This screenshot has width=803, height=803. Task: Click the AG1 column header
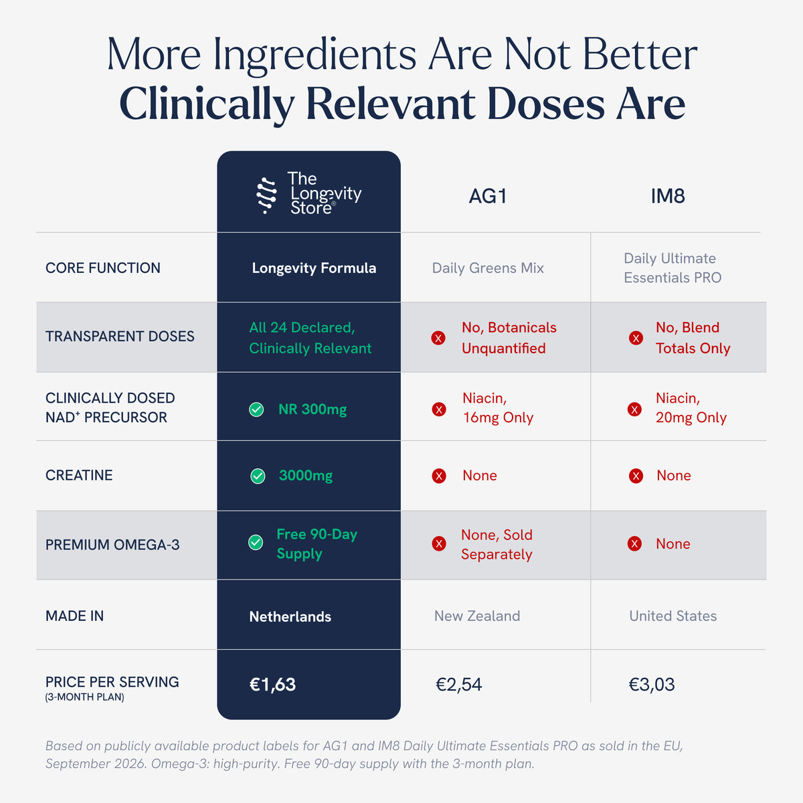tap(488, 196)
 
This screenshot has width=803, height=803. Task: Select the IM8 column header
tap(668, 196)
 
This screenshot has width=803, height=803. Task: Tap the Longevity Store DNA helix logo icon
tap(266, 195)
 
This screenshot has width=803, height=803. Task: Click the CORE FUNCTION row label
tap(103, 268)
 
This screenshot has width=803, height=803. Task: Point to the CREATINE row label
tap(79, 475)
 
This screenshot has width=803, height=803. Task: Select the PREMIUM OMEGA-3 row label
tap(112, 545)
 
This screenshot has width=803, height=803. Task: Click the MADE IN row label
tap(74, 616)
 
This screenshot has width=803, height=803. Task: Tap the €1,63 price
tap(272, 685)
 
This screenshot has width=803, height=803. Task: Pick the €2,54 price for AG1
tap(459, 685)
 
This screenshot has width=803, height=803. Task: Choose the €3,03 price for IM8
tap(652, 685)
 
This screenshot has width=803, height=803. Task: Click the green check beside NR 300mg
tap(256, 410)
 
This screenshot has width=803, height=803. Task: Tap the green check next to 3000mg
tap(258, 476)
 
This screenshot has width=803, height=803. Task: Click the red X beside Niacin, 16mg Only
tap(439, 410)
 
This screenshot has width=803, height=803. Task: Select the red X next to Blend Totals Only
tap(636, 338)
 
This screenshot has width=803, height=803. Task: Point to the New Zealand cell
tap(477, 616)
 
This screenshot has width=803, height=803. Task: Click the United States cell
tap(673, 616)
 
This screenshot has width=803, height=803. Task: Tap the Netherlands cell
tap(290, 616)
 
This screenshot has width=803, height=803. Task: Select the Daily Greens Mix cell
tap(488, 268)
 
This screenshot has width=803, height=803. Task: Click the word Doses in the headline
tap(546, 104)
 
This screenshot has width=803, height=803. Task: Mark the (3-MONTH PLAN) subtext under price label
tap(84, 697)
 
